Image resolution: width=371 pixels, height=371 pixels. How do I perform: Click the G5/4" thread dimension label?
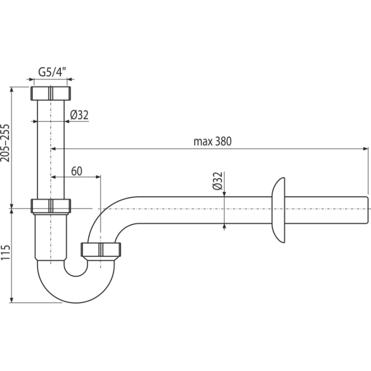(x=52, y=72)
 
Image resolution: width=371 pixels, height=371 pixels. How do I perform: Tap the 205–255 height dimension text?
(x=5, y=143)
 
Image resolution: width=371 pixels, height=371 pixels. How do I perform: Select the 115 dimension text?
(x=5, y=252)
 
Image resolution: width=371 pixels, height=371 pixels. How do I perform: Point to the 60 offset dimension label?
(x=77, y=171)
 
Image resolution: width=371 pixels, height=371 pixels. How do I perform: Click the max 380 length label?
(x=212, y=142)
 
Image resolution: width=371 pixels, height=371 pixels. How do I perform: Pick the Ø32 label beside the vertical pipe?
(x=79, y=115)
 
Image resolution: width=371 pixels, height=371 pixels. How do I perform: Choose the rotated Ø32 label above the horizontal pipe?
(x=217, y=181)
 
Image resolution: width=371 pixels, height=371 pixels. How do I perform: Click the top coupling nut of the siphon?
(x=50, y=93)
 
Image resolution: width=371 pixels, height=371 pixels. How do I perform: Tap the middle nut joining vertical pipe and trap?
(x=50, y=206)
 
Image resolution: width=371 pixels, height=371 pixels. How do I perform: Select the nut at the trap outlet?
(x=101, y=249)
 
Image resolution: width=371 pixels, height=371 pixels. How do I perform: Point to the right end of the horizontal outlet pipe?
(x=367, y=210)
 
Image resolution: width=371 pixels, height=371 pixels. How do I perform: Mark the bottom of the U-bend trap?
(x=76, y=302)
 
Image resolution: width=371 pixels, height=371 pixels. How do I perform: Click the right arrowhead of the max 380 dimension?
(x=366, y=149)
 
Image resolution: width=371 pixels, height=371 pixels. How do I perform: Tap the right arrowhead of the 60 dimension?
(x=98, y=177)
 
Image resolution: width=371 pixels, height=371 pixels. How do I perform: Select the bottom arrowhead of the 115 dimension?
(x=11, y=300)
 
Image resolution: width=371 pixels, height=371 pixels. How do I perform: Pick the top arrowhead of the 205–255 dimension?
(x=11, y=90)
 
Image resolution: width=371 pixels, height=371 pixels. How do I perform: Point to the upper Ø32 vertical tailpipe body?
(x=50, y=149)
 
